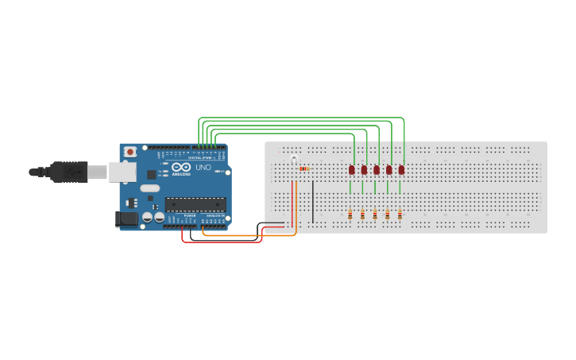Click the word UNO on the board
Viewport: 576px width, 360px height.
click(203, 168)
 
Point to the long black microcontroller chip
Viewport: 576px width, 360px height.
click(195, 204)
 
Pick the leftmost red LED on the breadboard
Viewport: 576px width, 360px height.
click(351, 169)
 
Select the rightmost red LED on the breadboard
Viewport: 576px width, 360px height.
click(401, 169)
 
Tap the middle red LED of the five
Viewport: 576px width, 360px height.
click(377, 169)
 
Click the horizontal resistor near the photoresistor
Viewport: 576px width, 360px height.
click(304, 168)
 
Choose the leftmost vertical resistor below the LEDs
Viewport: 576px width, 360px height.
click(350, 214)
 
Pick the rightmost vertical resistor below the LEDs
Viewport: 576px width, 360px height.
click(400, 214)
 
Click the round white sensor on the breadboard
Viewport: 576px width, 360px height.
click(294, 161)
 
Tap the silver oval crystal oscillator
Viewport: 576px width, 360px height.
click(150, 189)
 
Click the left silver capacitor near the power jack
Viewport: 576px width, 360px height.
click(147, 216)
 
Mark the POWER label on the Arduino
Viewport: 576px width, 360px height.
click(190, 215)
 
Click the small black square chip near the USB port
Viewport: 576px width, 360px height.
click(150, 172)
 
